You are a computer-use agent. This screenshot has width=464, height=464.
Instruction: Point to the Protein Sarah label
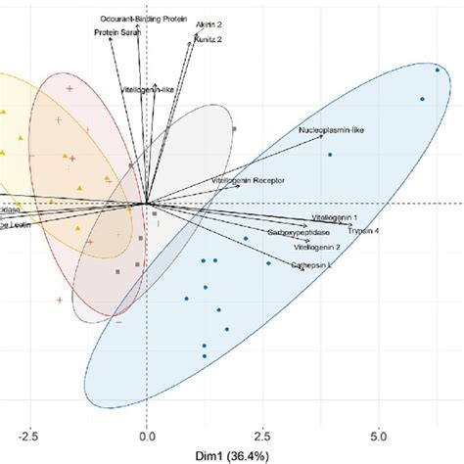[117, 32]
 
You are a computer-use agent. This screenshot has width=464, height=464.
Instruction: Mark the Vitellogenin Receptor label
[245, 181]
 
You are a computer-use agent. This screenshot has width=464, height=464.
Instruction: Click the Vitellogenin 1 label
[335, 217]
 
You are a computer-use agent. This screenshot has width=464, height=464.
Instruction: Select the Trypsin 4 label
[363, 230]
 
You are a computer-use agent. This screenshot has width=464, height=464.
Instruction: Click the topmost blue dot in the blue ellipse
[437, 70]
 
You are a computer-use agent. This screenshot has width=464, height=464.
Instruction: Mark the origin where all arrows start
[147, 204]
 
